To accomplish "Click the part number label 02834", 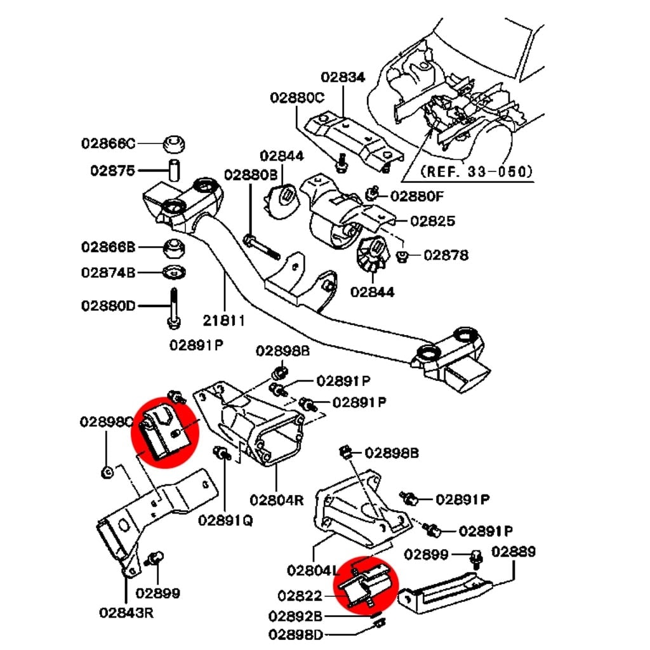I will pyautogui.click(x=343, y=77).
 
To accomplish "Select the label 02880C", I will pyautogui.click(x=296, y=98).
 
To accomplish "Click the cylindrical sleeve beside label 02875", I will pyautogui.click(x=174, y=170).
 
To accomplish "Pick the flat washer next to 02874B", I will pyautogui.click(x=173, y=273).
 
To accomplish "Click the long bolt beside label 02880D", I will pyautogui.click(x=174, y=308).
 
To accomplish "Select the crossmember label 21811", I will pyautogui.click(x=223, y=321).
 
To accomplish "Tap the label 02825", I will pyautogui.click(x=432, y=221).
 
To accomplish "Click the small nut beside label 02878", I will pyautogui.click(x=402, y=256).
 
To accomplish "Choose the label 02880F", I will pyautogui.click(x=417, y=196).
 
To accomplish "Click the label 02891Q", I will pyautogui.click(x=225, y=520).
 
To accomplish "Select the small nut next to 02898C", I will pyautogui.click(x=108, y=472).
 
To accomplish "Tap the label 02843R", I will pyautogui.click(x=126, y=613).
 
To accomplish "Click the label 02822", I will pyautogui.click(x=300, y=595).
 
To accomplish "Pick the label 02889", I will pyautogui.click(x=513, y=552).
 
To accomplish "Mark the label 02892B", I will pyautogui.click(x=296, y=616).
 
